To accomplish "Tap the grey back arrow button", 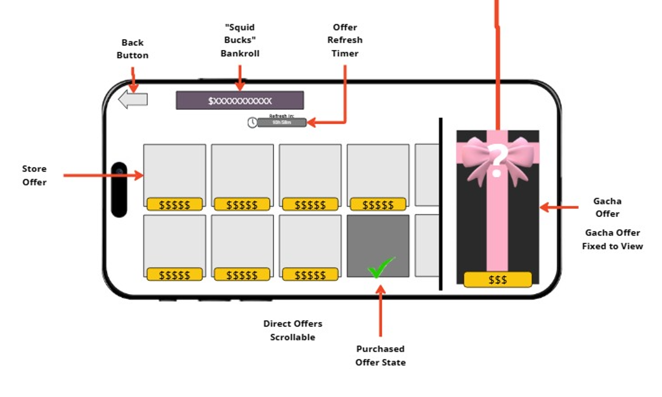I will [x=133, y=99].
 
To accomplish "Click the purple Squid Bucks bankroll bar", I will [x=239, y=100].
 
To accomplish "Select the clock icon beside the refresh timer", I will [x=252, y=122].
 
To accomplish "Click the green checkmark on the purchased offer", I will [x=381, y=267].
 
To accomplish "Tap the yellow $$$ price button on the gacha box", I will [x=497, y=280].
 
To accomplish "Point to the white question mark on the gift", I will [x=497, y=161].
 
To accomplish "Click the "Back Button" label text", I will [x=132, y=49].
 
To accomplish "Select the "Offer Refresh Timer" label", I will [x=344, y=40].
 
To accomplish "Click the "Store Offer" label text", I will [x=34, y=175].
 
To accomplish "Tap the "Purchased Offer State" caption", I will [x=380, y=355].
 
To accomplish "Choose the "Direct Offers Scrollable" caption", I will [x=293, y=330].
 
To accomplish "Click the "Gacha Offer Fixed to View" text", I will [x=612, y=239].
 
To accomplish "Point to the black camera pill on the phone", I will [x=119, y=190].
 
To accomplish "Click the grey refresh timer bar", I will [x=281, y=123].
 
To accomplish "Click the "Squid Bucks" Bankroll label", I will [x=240, y=40].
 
